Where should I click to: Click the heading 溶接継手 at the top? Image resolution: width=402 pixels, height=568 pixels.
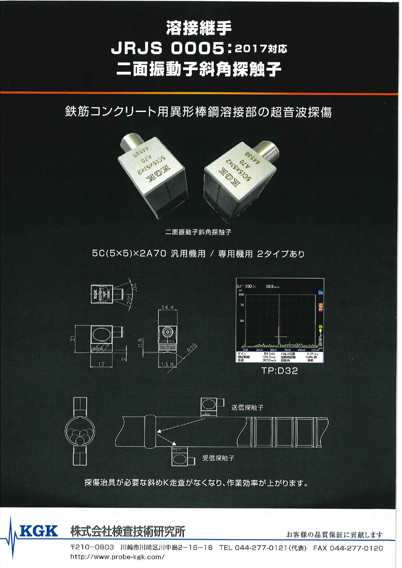pyautogui.click(x=199, y=28)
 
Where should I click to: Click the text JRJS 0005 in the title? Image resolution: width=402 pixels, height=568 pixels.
pyautogui.click(x=168, y=49)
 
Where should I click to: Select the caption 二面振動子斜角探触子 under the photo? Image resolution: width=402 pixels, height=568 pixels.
pyautogui.click(x=198, y=232)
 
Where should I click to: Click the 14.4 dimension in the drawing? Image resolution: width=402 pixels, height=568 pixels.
pyautogui.click(x=167, y=307)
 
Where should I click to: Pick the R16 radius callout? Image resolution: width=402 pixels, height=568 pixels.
pyautogui.click(x=192, y=349)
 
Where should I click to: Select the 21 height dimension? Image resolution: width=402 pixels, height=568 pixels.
pyautogui.click(x=73, y=339)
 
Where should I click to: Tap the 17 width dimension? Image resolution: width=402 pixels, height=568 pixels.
pyautogui.click(x=101, y=364)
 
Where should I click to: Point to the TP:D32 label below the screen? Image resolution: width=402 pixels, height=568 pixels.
pyautogui.click(x=279, y=371)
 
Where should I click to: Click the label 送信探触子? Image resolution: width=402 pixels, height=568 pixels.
pyautogui.click(x=247, y=407)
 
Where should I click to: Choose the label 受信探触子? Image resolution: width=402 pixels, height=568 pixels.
pyautogui.click(x=218, y=458)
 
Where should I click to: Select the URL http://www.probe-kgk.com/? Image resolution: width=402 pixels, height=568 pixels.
pyautogui.click(x=118, y=557)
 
